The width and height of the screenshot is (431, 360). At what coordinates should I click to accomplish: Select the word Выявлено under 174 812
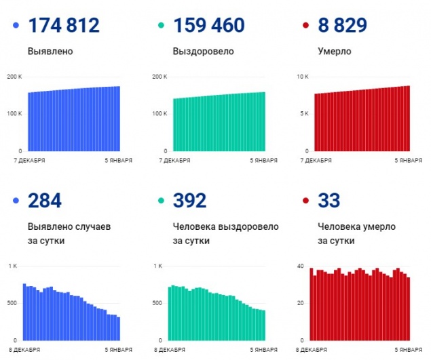pyautogui.click(x=50, y=51)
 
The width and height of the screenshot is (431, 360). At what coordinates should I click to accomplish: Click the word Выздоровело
pyautogui.click(x=204, y=51)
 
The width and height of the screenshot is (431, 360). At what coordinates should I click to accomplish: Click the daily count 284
pyautogui.click(x=45, y=201)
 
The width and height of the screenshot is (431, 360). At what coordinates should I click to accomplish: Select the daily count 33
pyautogui.click(x=329, y=201)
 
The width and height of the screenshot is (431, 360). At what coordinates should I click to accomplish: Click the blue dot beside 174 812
pyautogui.click(x=16, y=26)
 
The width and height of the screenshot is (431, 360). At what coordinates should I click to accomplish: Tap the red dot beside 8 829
pyautogui.click(x=306, y=26)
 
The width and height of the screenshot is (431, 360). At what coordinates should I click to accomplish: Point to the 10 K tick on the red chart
pyautogui.click(x=303, y=77)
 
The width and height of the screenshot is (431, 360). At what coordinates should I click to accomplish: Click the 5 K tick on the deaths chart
pyautogui.click(x=304, y=114)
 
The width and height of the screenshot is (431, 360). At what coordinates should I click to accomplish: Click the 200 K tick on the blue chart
pyautogui.click(x=14, y=77)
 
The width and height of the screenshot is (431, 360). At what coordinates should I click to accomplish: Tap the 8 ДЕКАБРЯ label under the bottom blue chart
pyautogui.click(x=25, y=350)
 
